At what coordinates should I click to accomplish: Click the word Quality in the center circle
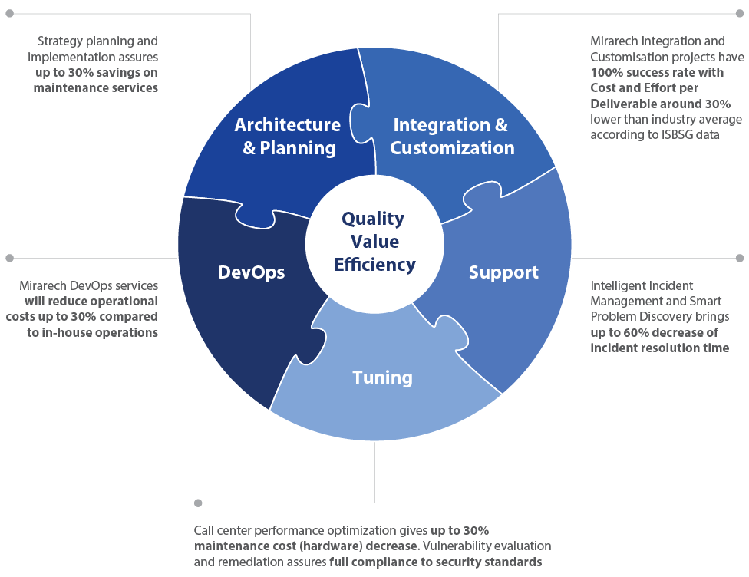[x=373, y=219]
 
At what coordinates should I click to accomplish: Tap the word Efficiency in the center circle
[x=375, y=265]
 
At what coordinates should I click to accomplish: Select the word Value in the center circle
[x=374, y=242]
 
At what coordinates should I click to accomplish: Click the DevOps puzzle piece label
[x=251, y=272]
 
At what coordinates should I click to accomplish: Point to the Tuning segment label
[x=382, y=378]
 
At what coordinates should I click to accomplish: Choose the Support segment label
[x=503, y=272]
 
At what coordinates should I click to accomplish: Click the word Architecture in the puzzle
[x=287, y=125]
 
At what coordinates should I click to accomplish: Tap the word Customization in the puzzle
[x=452, y=148]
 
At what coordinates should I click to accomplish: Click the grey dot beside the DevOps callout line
[x=9, y=257]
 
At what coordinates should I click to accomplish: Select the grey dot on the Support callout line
[x=740, y=257]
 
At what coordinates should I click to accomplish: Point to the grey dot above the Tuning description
[x=198, y=503]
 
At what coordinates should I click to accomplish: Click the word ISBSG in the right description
[x=680, y=134]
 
